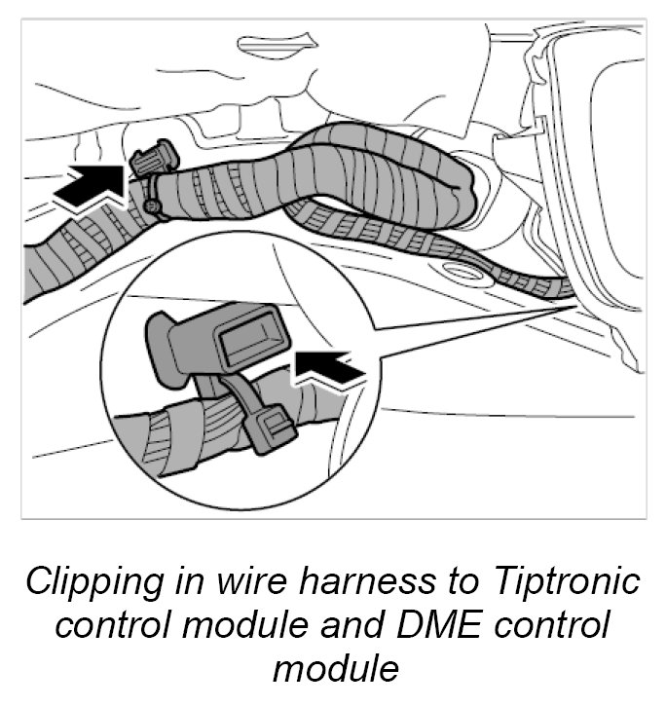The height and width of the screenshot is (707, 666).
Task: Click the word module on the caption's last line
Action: pos(334,668)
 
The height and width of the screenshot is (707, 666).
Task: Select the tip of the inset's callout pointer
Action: pos(572,303)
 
